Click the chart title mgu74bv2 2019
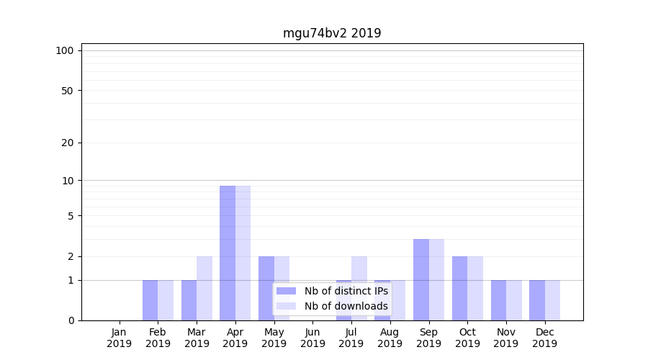click(x=331, y=33)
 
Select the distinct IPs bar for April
click(x=228, y=253)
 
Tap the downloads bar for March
click(x=204, y=288)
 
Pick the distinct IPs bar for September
click(x=421, y=279)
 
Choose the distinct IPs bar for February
click(x=150, y=300)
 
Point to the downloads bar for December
click(x=552, y=300)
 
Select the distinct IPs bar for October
click(x=459, y=288)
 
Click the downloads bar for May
click(x=282, y=288)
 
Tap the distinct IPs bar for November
click(x=498, y=300)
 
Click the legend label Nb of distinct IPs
click(x=346, y=291)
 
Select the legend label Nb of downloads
click(x=346, y=306)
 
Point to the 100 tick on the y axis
click(x=65, y=50)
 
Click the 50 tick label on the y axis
click(x=67, y=91)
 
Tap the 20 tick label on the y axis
click(x=67, y=143)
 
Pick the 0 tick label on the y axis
click(x=71, y=320)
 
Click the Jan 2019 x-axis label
click(x=120, y=338)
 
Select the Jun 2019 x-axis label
click(x=312, y=338)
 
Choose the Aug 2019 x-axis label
click(x=390, y=338)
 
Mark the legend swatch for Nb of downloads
click(x=286, y=306)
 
